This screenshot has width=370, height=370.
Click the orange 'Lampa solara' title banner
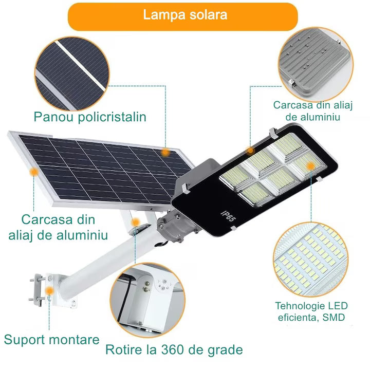pyautogui.click(x=183, y=17)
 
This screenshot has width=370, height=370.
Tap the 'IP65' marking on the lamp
pyautogui.click(x=228, y=216)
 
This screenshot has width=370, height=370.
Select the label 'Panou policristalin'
pyautogui.click(x=90, y=117)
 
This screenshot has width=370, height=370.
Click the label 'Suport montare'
pyautogui.click(x=52, y=340)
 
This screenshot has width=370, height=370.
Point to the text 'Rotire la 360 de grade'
pyautogui.click(x=174, y=350)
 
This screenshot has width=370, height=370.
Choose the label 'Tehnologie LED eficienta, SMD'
pyautogui.click(x=311, y=311)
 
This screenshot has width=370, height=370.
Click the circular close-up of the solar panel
pyautogui.click(x=72, y=73)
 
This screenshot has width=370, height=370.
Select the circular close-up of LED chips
pyautogui.click(x=311, y=260)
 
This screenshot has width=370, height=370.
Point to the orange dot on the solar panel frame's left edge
pyautogui.click(x=34, y=172)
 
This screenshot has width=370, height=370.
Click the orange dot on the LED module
pyautogui.click(x=311, y=166)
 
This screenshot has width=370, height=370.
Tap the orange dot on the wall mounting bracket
pyautogui.click(x=49, y=290)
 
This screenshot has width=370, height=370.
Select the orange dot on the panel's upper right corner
pyautogui.click(x=165, y=153)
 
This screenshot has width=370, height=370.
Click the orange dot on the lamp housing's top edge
pyautogui.click(x=250, y=150)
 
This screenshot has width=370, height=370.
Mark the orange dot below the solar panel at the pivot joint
pyautogui.click(x=136, y=222)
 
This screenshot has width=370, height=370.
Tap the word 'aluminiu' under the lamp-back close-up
pyautogui.click(x=312, y=117)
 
